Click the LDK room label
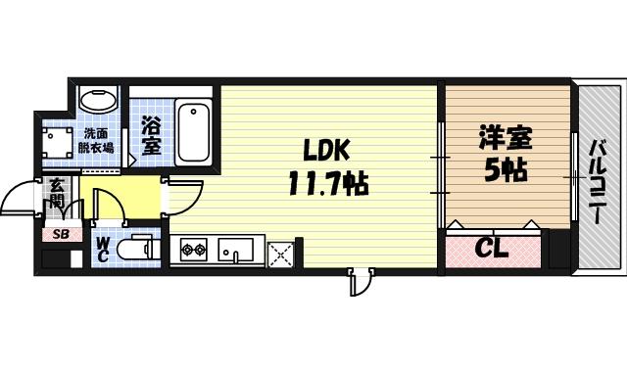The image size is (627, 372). (326, 150)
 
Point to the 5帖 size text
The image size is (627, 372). (505, 170)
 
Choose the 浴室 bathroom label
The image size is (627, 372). (151, 136)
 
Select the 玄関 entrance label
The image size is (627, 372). (57, 197)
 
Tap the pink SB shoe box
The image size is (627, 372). (60, 234)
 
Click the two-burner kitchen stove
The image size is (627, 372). (192, 250)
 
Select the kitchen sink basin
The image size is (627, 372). (236, 251)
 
